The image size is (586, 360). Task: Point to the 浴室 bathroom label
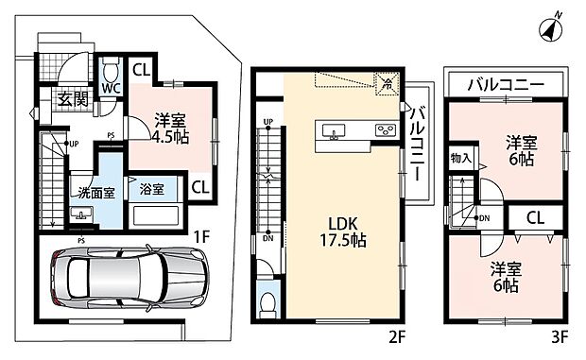(x=151, y=189)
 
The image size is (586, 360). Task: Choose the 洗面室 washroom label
(x=96, y=194)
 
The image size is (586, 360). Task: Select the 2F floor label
(x=395, y=334)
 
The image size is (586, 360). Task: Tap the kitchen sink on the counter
(x=336, y=130)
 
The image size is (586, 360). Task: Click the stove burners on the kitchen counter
(x=385, y=129)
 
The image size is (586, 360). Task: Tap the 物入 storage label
(x=461, y=158)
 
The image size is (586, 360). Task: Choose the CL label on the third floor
(x=535, y=218)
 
